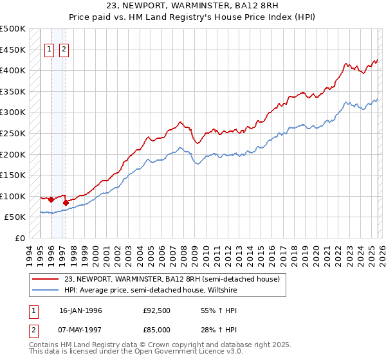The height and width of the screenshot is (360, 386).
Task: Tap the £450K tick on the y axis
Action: point(13,50)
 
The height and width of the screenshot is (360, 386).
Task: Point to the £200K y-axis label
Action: point(13,154)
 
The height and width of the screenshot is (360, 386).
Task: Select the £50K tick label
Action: point(15,217)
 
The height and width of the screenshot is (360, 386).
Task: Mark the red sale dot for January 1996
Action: point(51,199)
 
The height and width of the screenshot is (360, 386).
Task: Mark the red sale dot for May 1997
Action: point(66,203)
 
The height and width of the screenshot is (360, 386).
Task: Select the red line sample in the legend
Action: point(46,280)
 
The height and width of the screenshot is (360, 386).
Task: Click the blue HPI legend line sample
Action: point(46,290)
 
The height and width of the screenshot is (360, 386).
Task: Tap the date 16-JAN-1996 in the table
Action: point(80,311)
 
